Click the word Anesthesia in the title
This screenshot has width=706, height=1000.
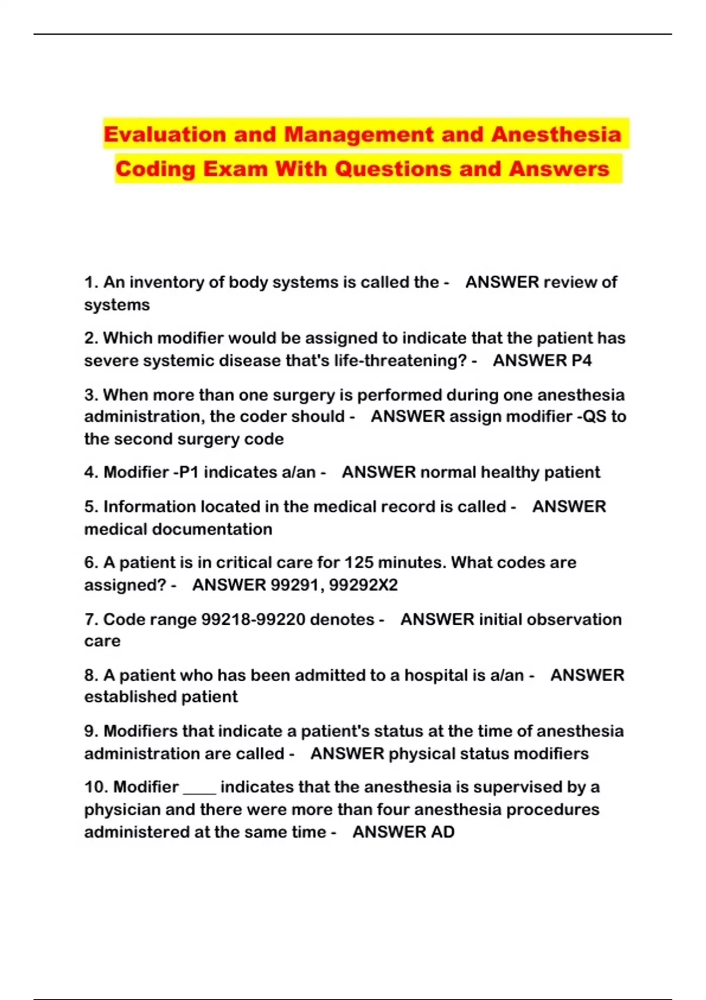point(556,135)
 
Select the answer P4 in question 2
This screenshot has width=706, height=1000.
point(581,361)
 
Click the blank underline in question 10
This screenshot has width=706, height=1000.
point(200,792)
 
